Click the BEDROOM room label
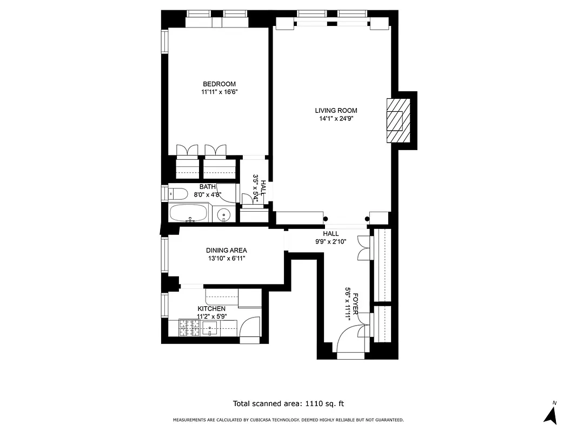219,84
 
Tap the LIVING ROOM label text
336,111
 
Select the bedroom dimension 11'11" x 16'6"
219,92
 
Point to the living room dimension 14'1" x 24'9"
336,119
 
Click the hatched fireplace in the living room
397,120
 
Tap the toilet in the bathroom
178,193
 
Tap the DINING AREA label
226,250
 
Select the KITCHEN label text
211,308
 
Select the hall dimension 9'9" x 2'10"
330,241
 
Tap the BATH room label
207,187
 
